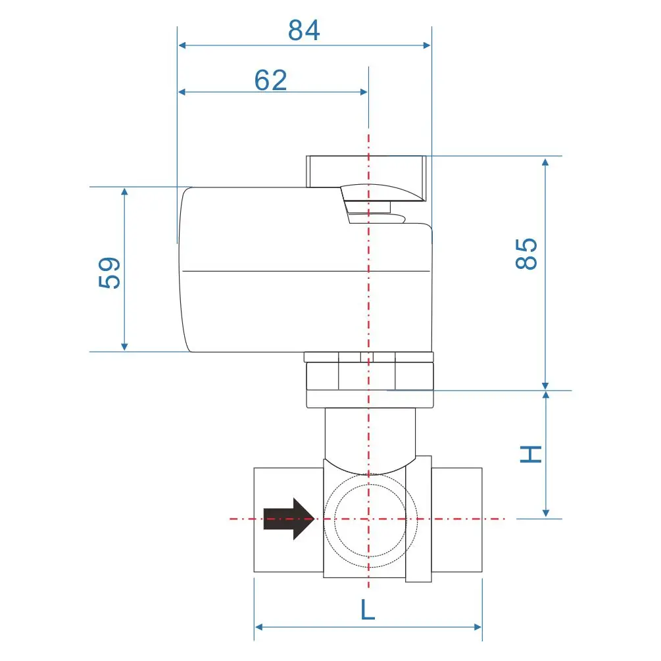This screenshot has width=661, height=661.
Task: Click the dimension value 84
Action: point(304,30)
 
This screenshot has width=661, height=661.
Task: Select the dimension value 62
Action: point(271,80)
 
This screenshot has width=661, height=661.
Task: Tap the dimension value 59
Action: point(109,272)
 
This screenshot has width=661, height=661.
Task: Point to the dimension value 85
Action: point(527,254)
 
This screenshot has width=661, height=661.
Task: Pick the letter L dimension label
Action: point(367,610)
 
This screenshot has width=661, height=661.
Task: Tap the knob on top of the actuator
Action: point(366,172)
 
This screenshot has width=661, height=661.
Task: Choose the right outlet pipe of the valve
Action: point(457,520)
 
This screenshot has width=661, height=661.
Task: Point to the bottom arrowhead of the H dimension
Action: point(545,513)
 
